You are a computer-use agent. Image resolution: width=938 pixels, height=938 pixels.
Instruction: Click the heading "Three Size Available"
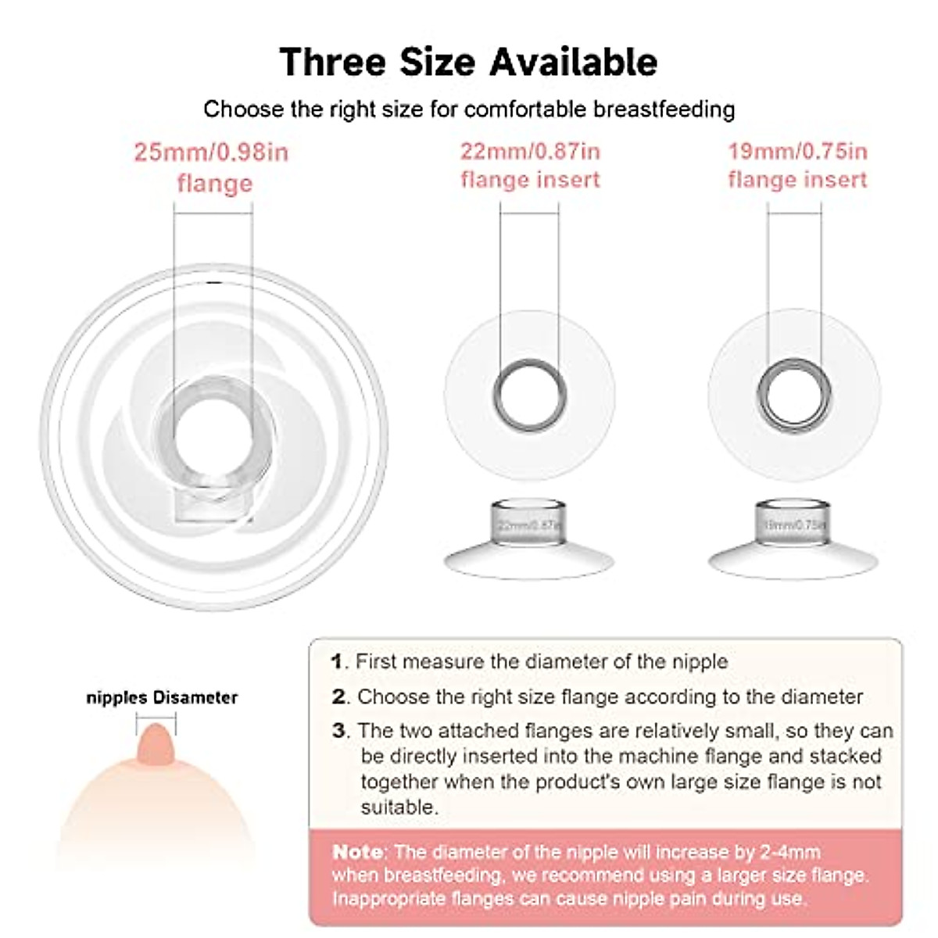click(468, 62)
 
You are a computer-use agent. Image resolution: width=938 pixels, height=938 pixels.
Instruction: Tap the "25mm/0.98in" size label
click(211, 152)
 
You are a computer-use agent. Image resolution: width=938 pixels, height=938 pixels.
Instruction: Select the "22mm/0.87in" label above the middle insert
click(530, 151)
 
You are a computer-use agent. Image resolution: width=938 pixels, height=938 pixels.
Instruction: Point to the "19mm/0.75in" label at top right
click(797, 151)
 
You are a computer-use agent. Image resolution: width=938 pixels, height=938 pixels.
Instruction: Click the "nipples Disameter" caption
click(162, 697)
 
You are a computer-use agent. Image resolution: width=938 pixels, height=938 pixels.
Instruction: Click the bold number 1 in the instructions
click(337, 662)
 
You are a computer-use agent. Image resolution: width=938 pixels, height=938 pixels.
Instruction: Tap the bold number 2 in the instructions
click(338, 696)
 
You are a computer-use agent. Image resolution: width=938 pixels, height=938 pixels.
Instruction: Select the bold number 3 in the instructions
click(338, 731)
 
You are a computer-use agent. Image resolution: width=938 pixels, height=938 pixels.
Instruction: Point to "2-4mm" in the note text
click(787, 852)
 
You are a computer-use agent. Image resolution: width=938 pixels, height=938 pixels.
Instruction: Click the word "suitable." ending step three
click(399, 807)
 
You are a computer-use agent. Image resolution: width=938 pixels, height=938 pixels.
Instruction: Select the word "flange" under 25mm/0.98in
click(215, 184)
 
